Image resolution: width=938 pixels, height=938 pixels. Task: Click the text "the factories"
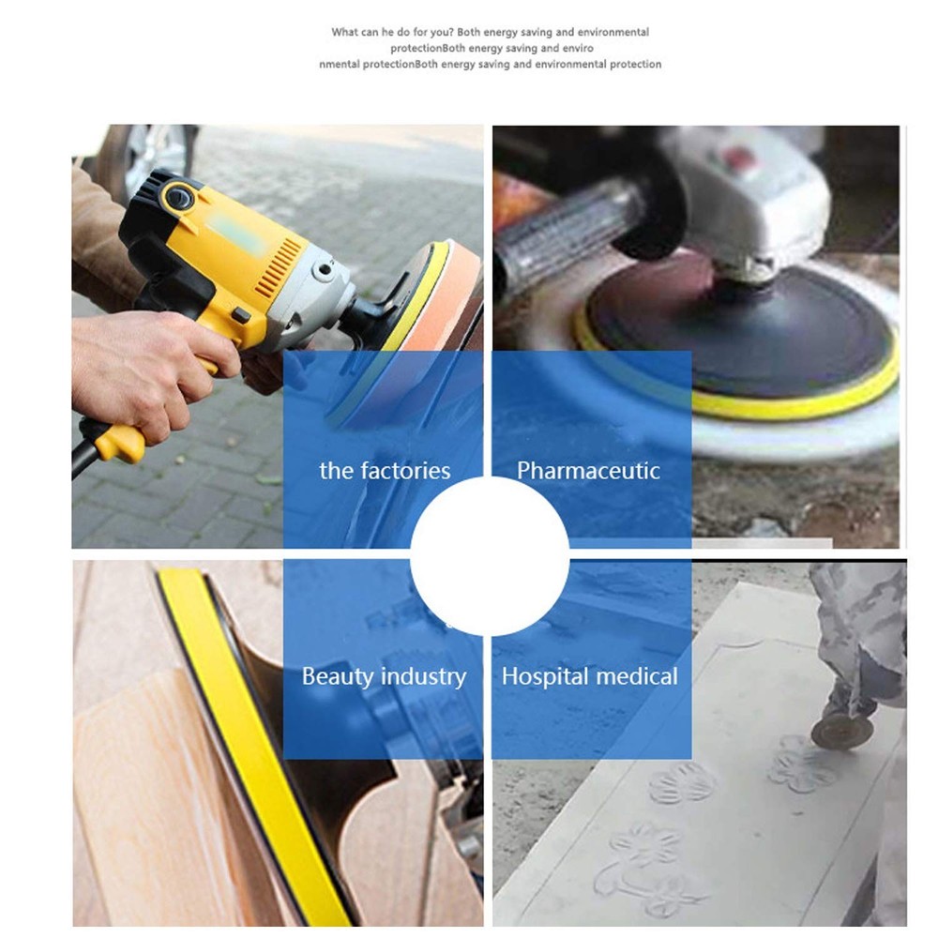(x=385, y=471)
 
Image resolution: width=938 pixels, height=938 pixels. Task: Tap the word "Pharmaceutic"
(x=588, y=471)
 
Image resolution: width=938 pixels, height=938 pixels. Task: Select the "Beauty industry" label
(x=384, y=676)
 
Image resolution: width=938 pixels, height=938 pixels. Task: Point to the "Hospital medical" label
(x=589, y=676)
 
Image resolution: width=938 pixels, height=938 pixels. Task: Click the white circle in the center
(x=490, y=555)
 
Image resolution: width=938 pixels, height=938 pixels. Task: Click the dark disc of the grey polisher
(x=742, y=332)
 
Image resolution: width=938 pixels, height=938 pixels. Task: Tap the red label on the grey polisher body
(x=735, y=158)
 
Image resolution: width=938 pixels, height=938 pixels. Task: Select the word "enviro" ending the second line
(x=578, y=49)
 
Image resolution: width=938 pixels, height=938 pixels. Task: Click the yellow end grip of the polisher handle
(x=120, y=443)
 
